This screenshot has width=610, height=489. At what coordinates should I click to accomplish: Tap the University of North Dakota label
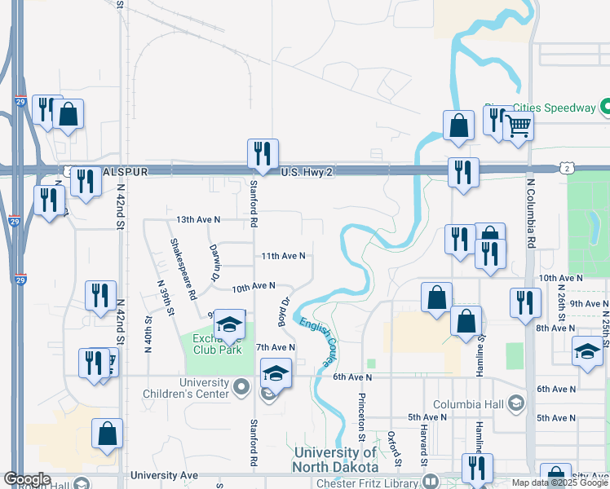click(336, 460)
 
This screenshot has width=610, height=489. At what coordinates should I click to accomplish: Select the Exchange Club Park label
click(218, 345)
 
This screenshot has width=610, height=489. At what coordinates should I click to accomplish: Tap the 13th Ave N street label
click(198, 220)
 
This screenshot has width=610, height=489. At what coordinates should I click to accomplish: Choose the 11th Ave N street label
click(283, 256)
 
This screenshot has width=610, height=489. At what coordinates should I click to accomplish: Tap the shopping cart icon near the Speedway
click(518, 126)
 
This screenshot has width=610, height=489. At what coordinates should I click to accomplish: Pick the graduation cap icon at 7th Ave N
click(276, 374)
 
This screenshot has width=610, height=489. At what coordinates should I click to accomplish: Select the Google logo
click(27, 479)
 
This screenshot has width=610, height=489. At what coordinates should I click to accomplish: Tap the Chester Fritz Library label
click(376, 482)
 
